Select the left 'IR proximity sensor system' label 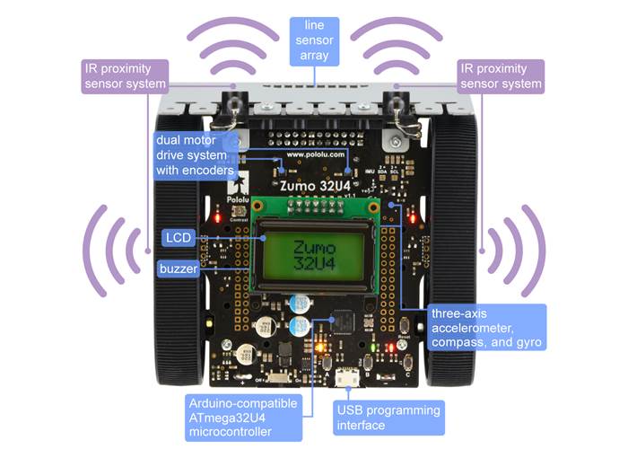(x=126, y=76)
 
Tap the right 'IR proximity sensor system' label (x=502, y=76)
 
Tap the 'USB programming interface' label (x=388, y=418)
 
